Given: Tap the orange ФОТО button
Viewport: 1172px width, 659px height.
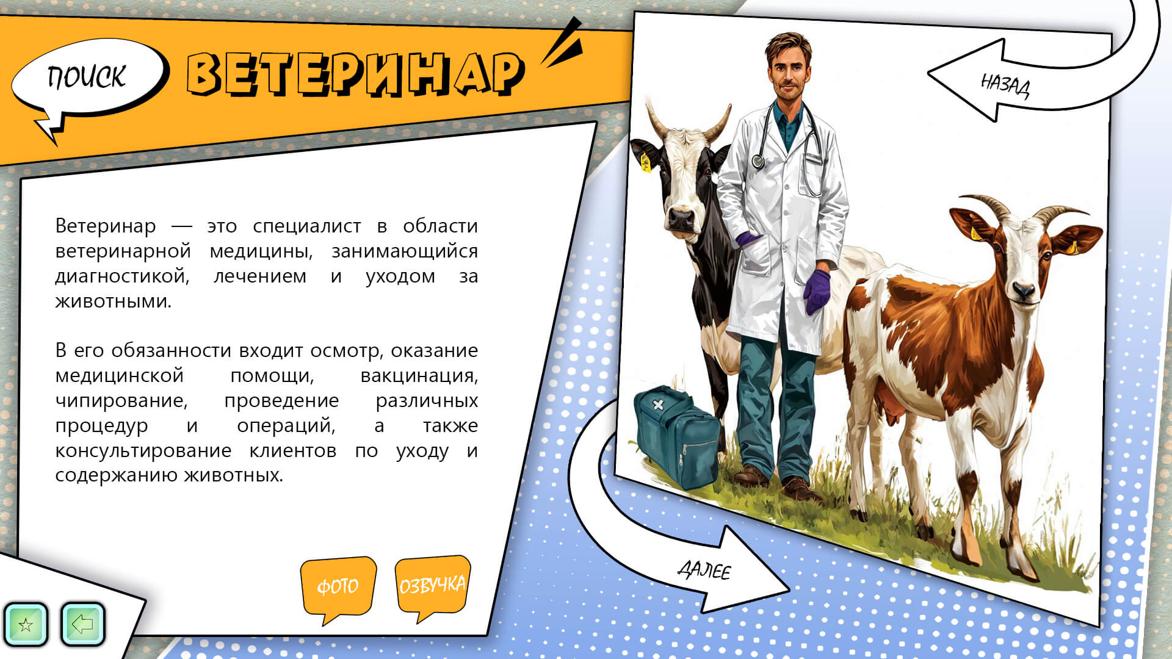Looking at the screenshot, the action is coord(338,586).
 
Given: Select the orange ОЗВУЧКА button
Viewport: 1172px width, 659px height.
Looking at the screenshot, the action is coord(432,584).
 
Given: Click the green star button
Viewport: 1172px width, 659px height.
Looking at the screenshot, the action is coord(26,624).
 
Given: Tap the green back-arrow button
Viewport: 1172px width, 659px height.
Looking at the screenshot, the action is coord(82,624).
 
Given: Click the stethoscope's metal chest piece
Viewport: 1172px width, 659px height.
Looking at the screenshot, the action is coord(758,161).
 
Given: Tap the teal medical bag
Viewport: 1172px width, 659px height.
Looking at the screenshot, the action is coord(676,436).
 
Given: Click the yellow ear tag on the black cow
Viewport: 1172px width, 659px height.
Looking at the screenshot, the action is coord(645,163).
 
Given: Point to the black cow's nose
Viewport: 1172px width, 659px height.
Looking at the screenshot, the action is coord(681,218).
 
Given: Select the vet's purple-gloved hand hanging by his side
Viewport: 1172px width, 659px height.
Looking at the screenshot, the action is coord(817,291).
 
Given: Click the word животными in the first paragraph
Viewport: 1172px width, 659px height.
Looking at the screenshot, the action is coord(113,301).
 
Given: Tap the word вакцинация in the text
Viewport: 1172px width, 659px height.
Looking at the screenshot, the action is coord(419,375).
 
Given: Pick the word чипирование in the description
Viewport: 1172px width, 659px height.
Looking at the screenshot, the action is coord(121,401).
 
